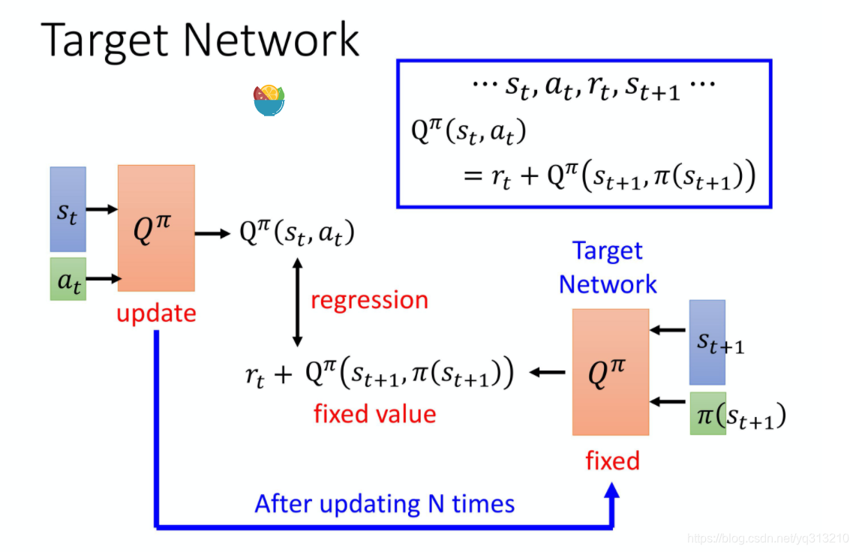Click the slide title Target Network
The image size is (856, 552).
[x=201, y=40]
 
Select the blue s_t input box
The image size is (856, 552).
[x=68, y=209]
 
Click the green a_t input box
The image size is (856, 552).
[x=68, y=279]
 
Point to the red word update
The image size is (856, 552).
[x=156, y=313]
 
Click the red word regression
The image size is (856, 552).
[x=369, y=300]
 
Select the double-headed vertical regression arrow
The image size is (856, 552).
[x=297, y=301]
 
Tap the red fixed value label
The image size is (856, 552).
[x=374, y=413]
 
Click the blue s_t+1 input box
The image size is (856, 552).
[x=707, y=342]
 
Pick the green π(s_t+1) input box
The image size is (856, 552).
[x=707, y=414]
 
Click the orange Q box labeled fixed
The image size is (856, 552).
[x=610, y=372]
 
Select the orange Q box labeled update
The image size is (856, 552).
[x=156, y=228]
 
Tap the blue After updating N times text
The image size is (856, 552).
[x=385, y=503]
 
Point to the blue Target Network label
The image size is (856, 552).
[x=608, y=268]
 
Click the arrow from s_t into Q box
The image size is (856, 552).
[x=101, y=209]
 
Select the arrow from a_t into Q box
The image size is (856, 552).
[x=103, y=279]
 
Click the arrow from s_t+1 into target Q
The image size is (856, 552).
[x=668, y=330]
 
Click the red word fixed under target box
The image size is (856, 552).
[x=612, y=460]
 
